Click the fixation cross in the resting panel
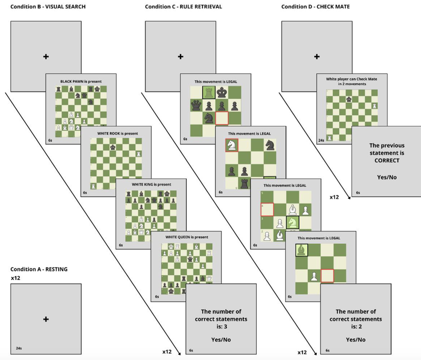[x=46, y=319]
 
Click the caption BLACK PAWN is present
[x=81, y=81]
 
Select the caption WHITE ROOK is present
[x=116, y=133]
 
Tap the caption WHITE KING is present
[x=151, y=185]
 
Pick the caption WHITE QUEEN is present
[x=185, y=237]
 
